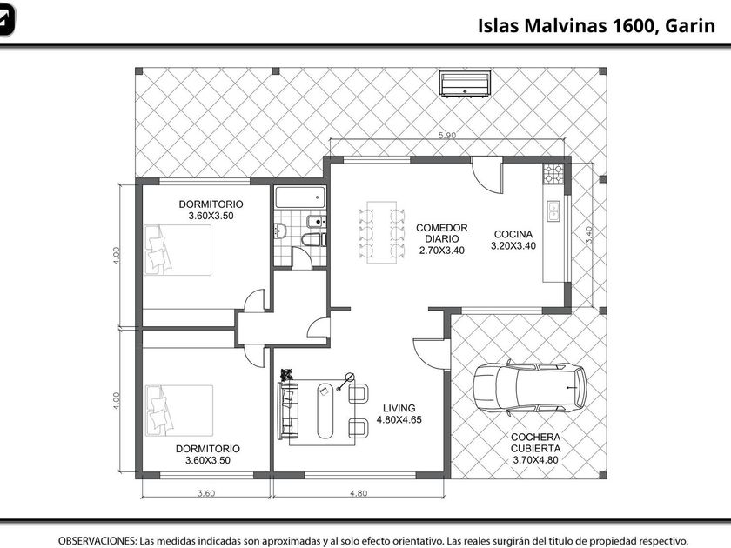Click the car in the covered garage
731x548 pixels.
point(530,388)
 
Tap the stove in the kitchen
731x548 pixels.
point(553,174)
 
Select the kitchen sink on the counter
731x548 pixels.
point(553,211)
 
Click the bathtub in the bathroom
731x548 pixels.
point(300,197)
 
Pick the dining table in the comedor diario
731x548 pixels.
point(382,232)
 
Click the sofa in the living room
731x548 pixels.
point(288,411)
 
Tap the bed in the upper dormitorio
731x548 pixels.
point(178,251)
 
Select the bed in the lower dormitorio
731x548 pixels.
point(179,411)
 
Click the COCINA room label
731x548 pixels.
point(513,234)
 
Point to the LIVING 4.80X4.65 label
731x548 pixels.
point(399,414)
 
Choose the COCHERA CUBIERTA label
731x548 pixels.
point(536,443)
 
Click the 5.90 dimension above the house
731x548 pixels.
point(447,136)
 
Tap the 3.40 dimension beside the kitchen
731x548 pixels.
point(589,234)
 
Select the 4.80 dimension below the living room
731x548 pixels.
point(359,493)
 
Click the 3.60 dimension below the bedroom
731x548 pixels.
point(206,493)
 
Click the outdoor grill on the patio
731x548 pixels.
point(465,83)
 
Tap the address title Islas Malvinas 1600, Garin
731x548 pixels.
point(596,25)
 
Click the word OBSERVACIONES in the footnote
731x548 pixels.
point(97,541)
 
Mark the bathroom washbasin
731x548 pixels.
point(280,231)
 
